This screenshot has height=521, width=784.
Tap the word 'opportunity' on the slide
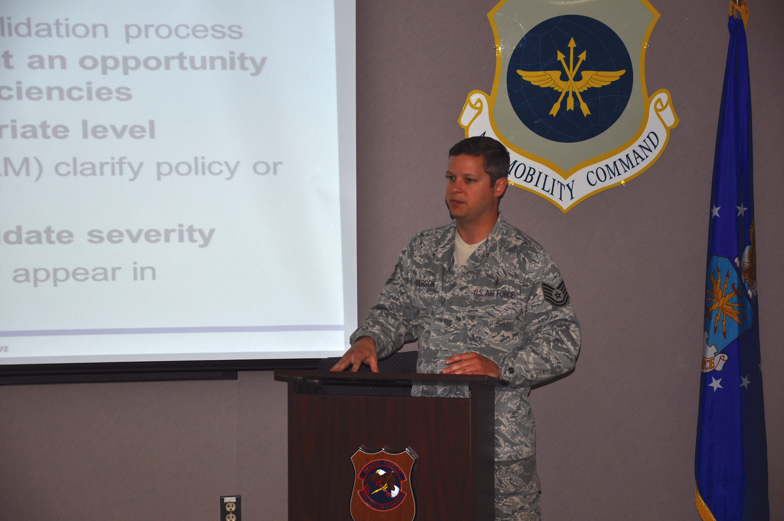(173, 62)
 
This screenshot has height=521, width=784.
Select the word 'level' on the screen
(119, 129)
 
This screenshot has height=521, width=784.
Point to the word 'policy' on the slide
(198, 168)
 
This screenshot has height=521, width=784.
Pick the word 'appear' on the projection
(67, 274)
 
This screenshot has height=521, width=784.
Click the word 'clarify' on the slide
(99, 168)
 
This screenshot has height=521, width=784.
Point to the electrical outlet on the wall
(230, 508)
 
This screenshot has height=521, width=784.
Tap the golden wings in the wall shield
(570, 79)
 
